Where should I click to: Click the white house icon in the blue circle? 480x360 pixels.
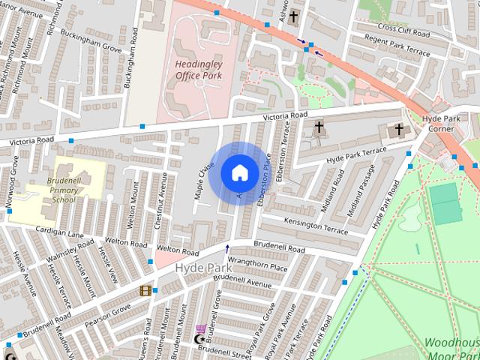(239, 172)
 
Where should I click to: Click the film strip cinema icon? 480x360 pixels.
(145, 290)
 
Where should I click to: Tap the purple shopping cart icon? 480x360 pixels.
(200, 328)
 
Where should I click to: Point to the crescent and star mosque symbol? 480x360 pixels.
(199, 340)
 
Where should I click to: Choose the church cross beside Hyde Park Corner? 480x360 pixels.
(398, 130)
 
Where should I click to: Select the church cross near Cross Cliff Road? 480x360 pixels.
(293, 16)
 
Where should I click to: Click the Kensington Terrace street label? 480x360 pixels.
(316, 225)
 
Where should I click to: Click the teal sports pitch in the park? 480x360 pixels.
(445, 202)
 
